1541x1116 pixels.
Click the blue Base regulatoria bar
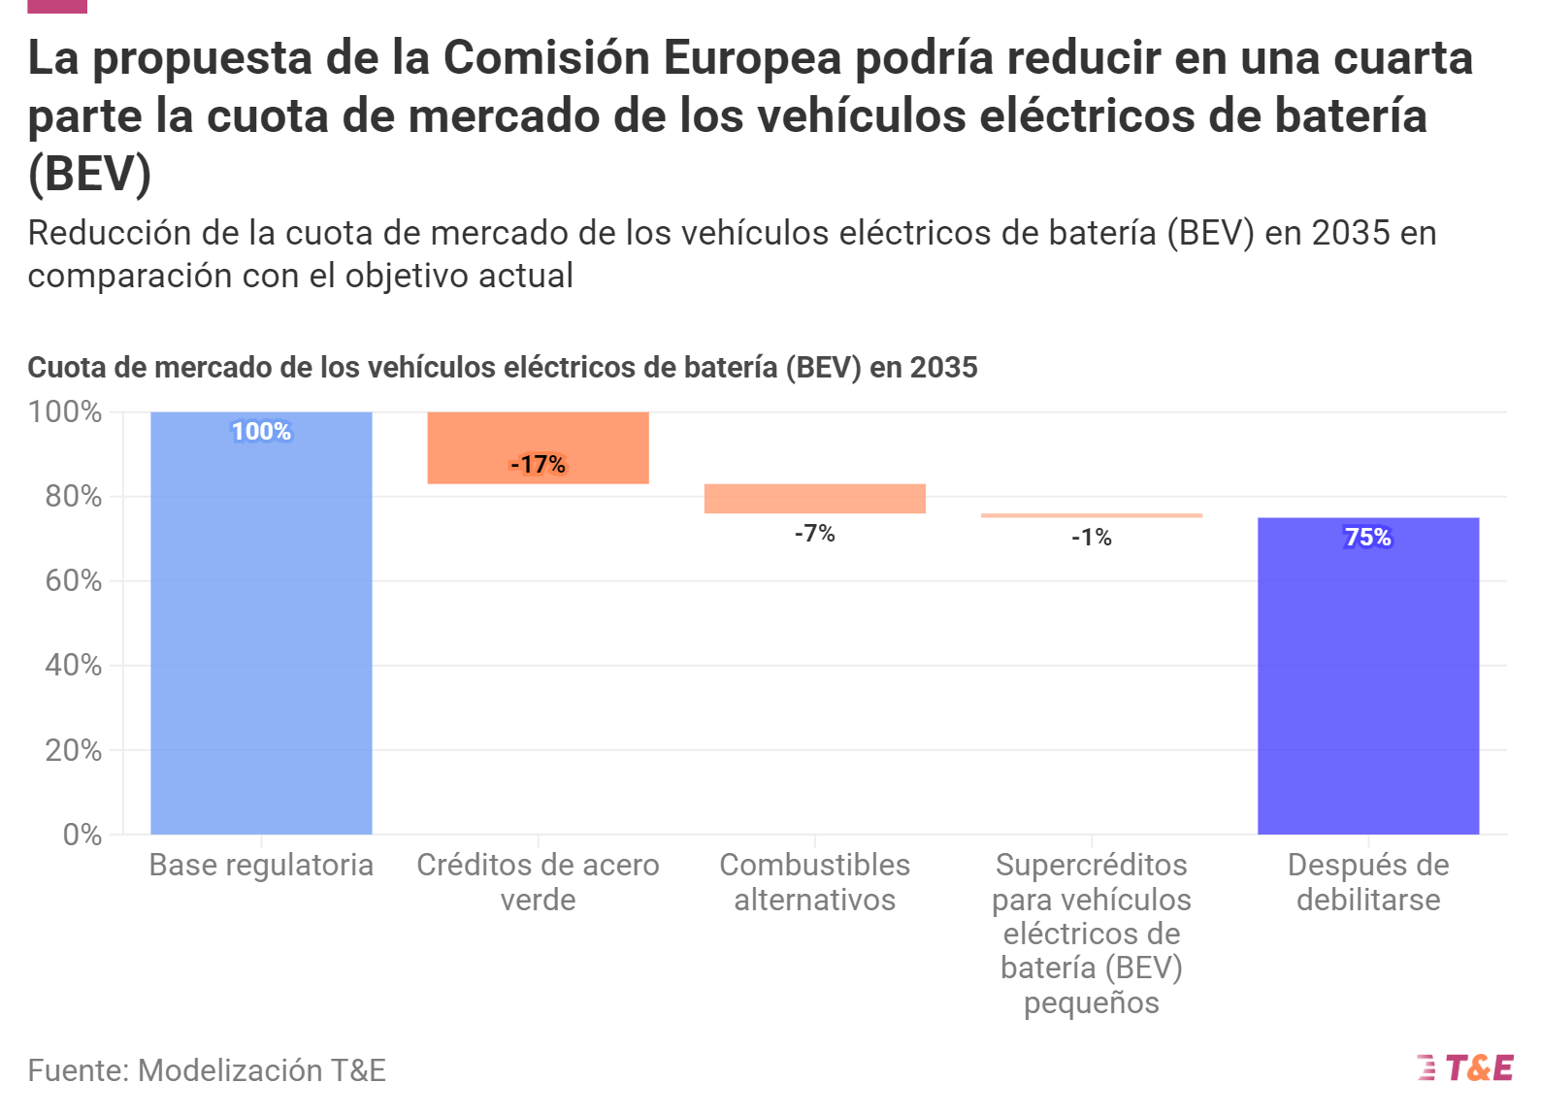point(261,631)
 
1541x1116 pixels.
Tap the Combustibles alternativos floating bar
point(814,498)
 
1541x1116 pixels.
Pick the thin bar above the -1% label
point(1091,515)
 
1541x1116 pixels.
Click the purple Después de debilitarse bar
point(1367,679)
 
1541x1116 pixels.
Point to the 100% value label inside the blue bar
point(261,431)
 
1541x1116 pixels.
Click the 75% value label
point(1367,537)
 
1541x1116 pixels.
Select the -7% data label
point(814,533)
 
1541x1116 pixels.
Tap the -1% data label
point(1091,537)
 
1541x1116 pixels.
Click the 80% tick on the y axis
point(73,496)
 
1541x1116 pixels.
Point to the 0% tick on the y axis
point(82,835)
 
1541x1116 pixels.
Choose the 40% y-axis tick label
point(73,665)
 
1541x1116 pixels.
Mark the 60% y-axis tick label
point(73,580)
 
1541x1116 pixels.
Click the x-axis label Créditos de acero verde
point(538,881)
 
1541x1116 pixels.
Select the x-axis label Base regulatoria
point(261,865)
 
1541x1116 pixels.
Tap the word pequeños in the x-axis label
point(1091,1002)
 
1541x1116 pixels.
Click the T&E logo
point(1465,1068)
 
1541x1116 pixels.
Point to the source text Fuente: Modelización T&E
point(207,1069)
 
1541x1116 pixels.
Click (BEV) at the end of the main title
point(89,175)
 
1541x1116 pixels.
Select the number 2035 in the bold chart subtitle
point(943,368)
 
